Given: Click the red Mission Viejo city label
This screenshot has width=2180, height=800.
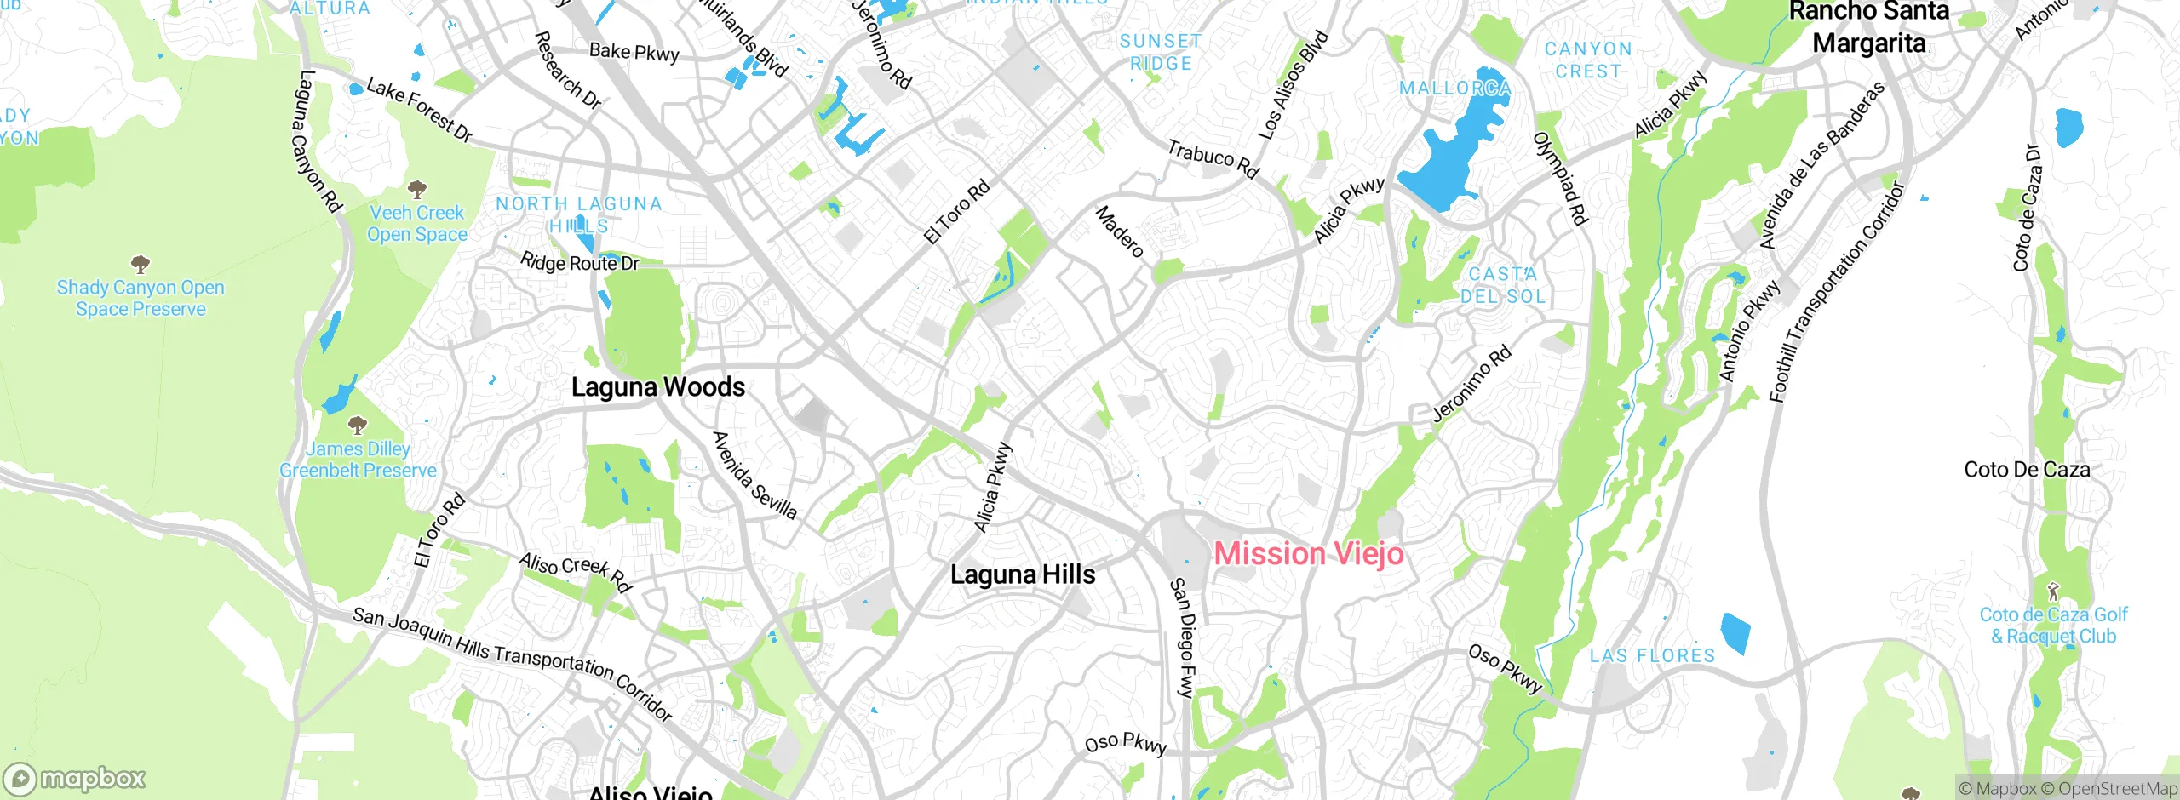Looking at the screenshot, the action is pyautogui.click(x=1308, y=554).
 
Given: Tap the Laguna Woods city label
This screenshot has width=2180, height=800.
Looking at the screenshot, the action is pyautogui.click(x=657, y=387).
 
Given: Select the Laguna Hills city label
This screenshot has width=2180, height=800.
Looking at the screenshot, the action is pyautogui.click(x=1023, y=574).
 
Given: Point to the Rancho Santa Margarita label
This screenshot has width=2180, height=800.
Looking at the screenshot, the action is pyautogui.click(x=1868, y=27).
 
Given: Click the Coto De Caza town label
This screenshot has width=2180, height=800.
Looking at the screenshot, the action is pyautogui.click(x=2026, y=470).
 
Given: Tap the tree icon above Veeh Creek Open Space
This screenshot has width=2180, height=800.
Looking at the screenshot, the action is pyautogui.click(x=416, y=188).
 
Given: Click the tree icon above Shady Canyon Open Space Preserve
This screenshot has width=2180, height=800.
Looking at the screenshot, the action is pyautogui.click(x=141, y=263).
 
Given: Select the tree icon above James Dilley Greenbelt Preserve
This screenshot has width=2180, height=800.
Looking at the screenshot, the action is pyautogui.click(x=358, y=424).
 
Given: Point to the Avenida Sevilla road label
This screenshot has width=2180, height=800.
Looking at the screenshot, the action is pyautogui.click(x=754, y=475).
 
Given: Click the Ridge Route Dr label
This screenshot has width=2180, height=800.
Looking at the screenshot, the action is pyautogui.click(x=579, y=263).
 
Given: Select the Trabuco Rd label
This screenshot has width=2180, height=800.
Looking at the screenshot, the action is pyautogui.click(x=1213, y=159).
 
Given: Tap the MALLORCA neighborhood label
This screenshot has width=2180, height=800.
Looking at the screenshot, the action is pyautogui.click(x=1454, y=89).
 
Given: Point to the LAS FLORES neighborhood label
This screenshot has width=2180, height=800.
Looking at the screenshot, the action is pyautogui.click(x=1652, y=655).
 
